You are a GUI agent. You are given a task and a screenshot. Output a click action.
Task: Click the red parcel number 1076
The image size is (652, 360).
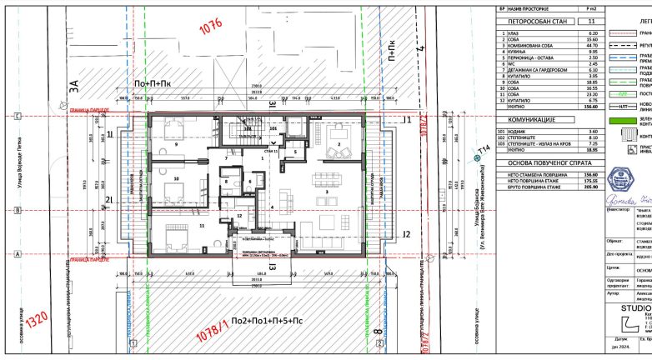[x=210, y=30]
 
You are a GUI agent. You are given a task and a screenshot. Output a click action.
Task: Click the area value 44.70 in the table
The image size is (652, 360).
[x=594, y=44]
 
